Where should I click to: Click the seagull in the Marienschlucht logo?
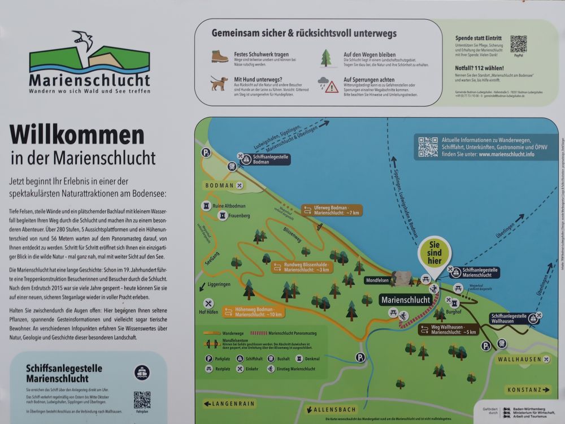(x=84, y=41)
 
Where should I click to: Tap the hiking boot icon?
(x=220, y=56)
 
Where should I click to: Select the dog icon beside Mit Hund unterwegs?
(x=219, y=84)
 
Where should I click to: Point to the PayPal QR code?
(x=518, y=44)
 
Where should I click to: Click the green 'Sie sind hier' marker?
(x=434, y=250)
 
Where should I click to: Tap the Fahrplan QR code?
(x=142, y=400)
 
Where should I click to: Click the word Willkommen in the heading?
(x=77, y=135)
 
